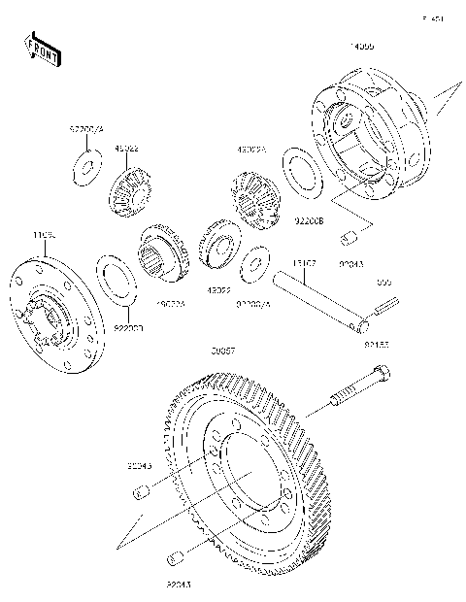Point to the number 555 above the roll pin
[383, 282]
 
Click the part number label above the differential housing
[361, 46]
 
